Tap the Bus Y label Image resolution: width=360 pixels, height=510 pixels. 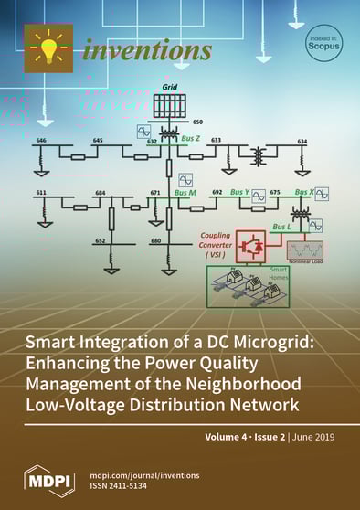[x=240, y=192]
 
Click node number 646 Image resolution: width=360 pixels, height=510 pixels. [x=41, y=140]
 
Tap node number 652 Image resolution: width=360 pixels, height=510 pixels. [x=101, y=241]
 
